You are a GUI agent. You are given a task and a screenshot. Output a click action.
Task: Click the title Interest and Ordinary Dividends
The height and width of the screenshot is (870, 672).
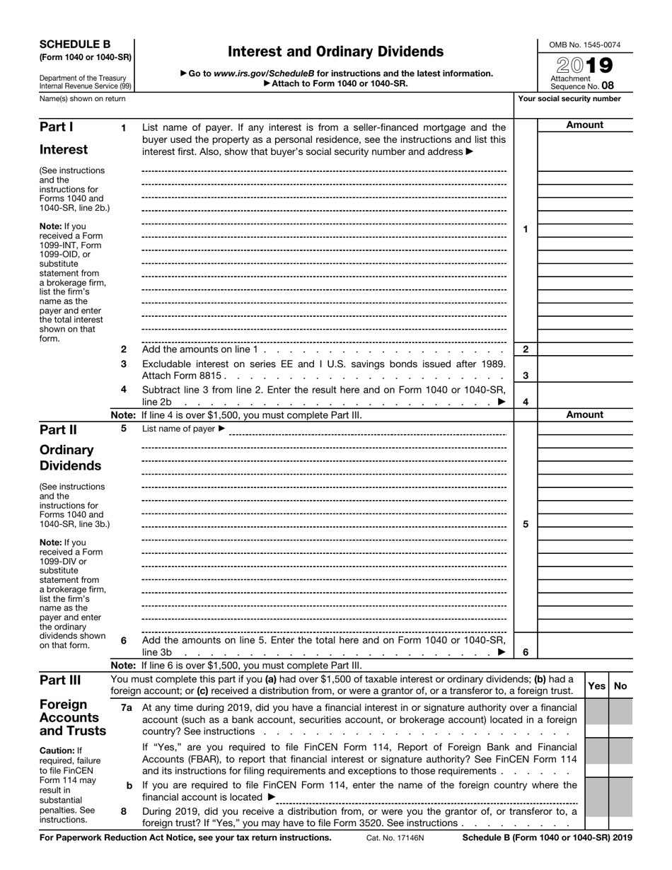(x=335, y=52)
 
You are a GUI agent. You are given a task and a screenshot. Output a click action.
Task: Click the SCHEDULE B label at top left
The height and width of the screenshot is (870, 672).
(x=75, y=44)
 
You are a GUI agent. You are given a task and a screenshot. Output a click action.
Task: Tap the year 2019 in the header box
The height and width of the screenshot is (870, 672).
(x=584, y=66)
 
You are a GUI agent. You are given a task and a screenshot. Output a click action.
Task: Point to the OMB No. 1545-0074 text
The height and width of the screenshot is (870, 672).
(x=584, y=45)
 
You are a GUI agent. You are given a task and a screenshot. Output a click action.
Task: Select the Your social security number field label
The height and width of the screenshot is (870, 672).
(x=569, y=99)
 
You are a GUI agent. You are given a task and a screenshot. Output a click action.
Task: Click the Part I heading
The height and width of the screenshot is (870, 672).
(x=57, y=127)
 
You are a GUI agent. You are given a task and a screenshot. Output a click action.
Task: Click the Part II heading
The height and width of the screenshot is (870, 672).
(x=59, y=429)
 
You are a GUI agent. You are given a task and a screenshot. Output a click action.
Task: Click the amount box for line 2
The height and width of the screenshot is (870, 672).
(x=584, y=349)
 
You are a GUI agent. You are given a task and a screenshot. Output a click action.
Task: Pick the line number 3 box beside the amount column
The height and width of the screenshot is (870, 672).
(x=526, y=376)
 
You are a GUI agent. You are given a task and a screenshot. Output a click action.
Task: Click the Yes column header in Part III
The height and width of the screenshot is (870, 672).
(x=596, y=685)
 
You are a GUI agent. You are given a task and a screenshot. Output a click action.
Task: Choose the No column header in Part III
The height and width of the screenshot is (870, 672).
(x=620, y=685)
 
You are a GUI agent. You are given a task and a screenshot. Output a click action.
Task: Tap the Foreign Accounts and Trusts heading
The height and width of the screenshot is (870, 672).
(x=73, y=718)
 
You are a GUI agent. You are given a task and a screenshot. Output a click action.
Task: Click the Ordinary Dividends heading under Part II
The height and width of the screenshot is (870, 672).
(x=70, y=458)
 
